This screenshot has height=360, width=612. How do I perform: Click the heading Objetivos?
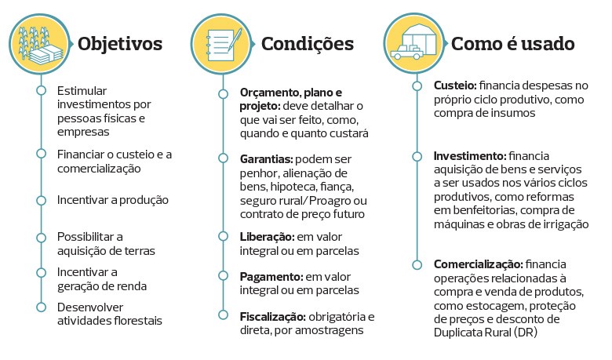coord(120,44)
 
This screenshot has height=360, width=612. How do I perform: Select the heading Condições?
coord(307,44)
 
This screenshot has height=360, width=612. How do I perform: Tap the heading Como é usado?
coord(513,44)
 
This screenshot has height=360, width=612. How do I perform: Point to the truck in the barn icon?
coord(406,52)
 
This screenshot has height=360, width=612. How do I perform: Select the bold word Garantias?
coord(266,159)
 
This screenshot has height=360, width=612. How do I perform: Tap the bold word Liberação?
coord(267,237)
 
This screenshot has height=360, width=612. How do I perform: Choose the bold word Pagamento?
coord(271,277)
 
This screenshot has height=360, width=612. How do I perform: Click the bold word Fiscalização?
coord(272,317)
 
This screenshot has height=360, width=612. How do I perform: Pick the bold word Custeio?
coord(455,85)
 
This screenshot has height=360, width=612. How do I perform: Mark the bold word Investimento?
coord(470,156)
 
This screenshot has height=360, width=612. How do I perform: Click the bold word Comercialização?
coord(478,264)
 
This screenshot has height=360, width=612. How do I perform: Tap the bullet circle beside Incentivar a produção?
coord(41,201)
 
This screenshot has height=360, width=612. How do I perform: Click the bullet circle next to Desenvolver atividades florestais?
coord(41,307)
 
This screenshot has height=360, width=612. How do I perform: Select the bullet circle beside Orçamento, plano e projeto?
coord(224,94)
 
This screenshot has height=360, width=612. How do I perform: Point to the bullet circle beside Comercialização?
coord(417,265)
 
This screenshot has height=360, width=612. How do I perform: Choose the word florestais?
coord(138,321)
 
